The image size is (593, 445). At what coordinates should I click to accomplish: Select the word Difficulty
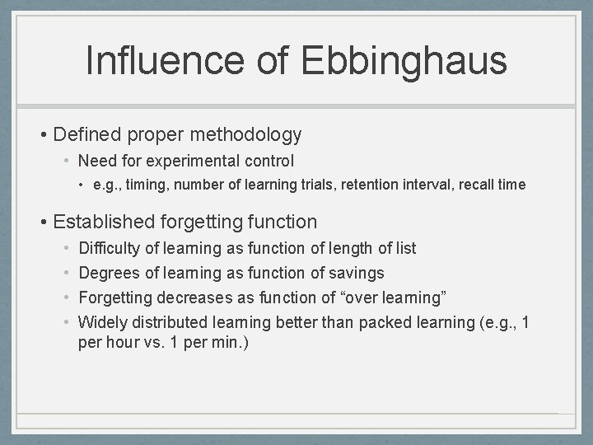click(108, 248)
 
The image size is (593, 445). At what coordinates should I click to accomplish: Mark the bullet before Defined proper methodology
click(42, 134)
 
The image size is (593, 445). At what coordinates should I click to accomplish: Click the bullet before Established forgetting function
click(42, 222)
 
